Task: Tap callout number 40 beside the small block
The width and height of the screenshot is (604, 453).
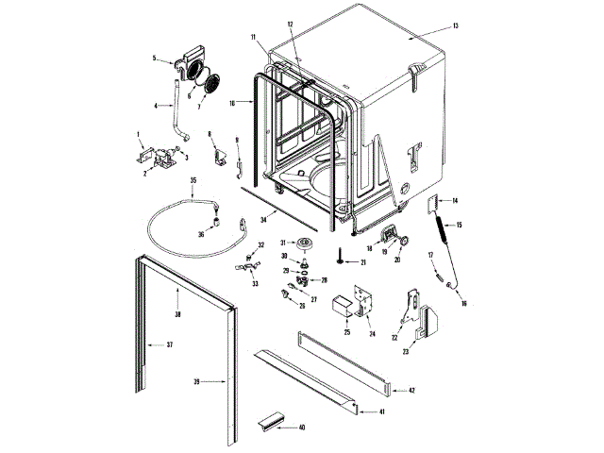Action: (x=302, y=428)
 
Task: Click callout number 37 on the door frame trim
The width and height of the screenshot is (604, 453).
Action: (x=170, y=344)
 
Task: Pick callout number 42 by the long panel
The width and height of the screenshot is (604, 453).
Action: (x=411, y=390)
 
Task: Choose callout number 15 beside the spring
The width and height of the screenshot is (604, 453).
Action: (x=460, y=225)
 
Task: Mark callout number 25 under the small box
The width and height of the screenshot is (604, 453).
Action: (x=347, y=333)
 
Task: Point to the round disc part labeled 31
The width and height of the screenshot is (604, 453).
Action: (x=304, y=246)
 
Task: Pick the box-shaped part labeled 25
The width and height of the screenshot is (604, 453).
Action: (x=340, y=304)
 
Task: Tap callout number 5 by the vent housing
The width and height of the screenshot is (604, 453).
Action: (x=154, y=59)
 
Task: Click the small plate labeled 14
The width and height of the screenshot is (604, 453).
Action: (x=435, y=203)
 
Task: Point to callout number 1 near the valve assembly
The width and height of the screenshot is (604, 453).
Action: (x=139, y=134)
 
